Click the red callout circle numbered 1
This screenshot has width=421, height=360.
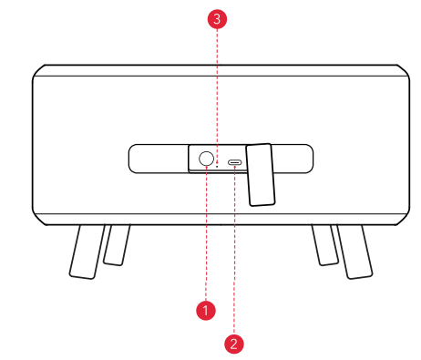[x=206, y=310]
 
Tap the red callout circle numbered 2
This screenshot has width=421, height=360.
[x=233, y=344]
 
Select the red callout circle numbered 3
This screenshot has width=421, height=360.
[x=217, y=19]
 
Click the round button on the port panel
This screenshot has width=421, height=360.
[x=206, y=159]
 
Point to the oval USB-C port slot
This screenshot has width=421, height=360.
[x=235, y=162]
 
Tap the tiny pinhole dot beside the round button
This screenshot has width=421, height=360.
[x=217, y=166]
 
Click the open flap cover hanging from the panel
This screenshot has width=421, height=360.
[x=261, y=174]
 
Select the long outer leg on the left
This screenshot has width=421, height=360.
[x=87, y=252]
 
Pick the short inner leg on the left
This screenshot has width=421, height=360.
[x=117, y=245]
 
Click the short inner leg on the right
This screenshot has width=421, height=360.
[x=325, y=245]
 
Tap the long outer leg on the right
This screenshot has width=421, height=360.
[x=354, y=252]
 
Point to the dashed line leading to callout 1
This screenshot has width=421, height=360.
[x=206, y=233]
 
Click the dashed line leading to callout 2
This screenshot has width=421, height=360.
[x=234, y=250]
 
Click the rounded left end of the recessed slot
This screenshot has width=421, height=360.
[x=134, y=159]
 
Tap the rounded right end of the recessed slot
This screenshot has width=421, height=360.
[x=308, y=159]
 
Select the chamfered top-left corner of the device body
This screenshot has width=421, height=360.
[x=38, y=71]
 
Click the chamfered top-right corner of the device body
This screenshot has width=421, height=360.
[x=404, y=71]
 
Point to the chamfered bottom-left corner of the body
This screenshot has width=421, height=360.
[x=38, y=219]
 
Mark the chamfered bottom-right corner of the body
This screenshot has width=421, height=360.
[x=404, y=219]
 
